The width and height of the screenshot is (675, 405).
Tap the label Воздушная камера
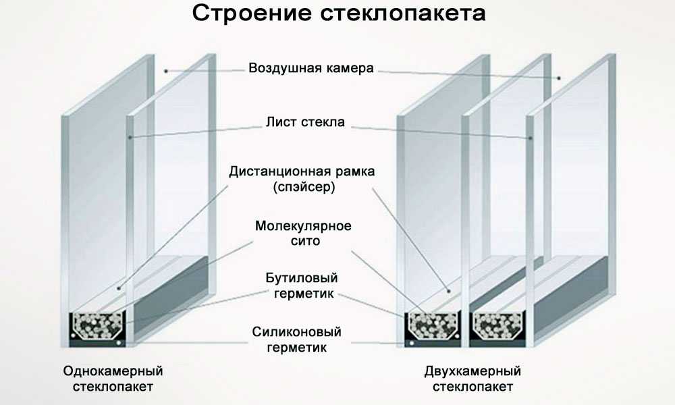click(x=310, y=69)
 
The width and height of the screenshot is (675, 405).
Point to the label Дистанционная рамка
click(x=302, y=171)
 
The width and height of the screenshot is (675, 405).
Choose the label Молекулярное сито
click(x=303, y=233)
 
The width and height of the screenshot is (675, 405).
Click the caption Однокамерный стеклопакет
click(x=113, y=379)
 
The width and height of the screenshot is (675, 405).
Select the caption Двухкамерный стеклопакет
click(x=473, y=379)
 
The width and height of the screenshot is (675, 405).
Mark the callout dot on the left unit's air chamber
click(x=165, y=70)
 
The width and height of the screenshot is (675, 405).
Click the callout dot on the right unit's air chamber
click(x=559, y=78)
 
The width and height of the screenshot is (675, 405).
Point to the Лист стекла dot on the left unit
click(x=130, y=137)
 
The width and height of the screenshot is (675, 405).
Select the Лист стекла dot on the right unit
click(x=531, y=138)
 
